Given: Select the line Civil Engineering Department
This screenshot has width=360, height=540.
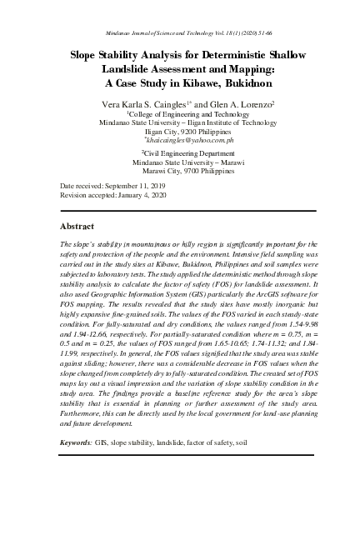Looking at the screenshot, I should pyautogui.click(x=180, y=153).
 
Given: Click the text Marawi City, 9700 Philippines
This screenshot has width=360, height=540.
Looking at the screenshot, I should pyautogui.click(x=180, y=172).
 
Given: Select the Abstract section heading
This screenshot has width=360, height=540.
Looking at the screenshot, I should pyautogui.click(x=80, y=226).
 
